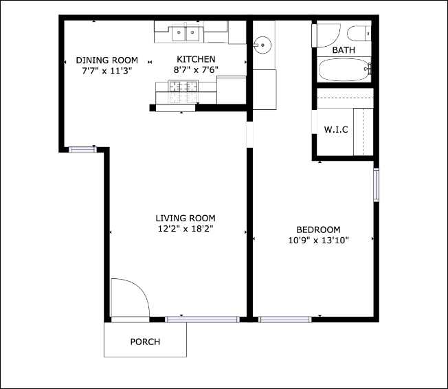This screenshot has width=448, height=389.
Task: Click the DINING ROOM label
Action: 107,60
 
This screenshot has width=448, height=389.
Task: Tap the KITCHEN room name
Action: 196,60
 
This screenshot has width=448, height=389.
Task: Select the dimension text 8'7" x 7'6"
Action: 196,69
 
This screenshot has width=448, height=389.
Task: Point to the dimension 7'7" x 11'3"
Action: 107,69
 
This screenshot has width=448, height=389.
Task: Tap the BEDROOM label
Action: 318,230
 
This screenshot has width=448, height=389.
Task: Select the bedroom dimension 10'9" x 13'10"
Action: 318,240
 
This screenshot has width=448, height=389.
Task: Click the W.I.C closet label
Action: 335,130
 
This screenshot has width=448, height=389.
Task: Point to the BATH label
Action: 344,50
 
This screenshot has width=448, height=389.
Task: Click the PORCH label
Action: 145,342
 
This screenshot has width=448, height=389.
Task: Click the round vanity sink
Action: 262,45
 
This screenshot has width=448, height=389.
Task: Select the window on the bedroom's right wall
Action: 376,185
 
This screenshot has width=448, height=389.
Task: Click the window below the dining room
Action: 82,148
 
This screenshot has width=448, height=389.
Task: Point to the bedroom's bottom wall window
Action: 284,319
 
